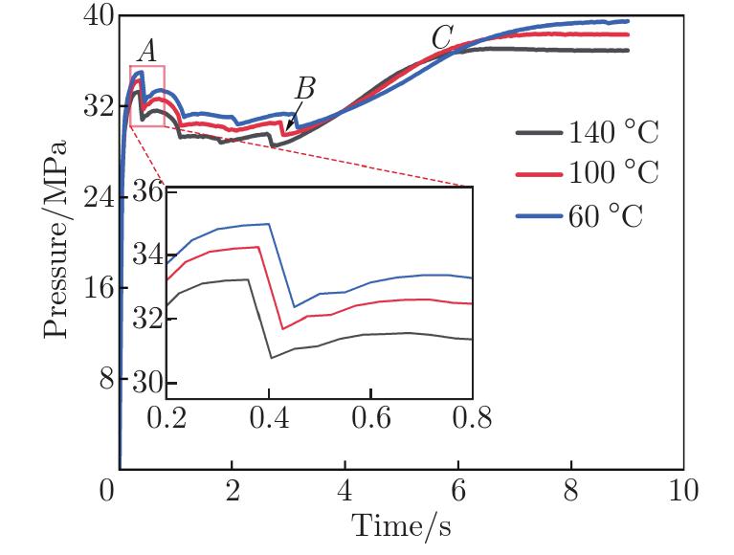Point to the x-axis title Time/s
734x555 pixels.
[x=400, y=525]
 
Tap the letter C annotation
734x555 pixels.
[x=441, y=39]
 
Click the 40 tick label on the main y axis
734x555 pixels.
[x=93, y=16]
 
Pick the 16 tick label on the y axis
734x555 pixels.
[x=93, y=288]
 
